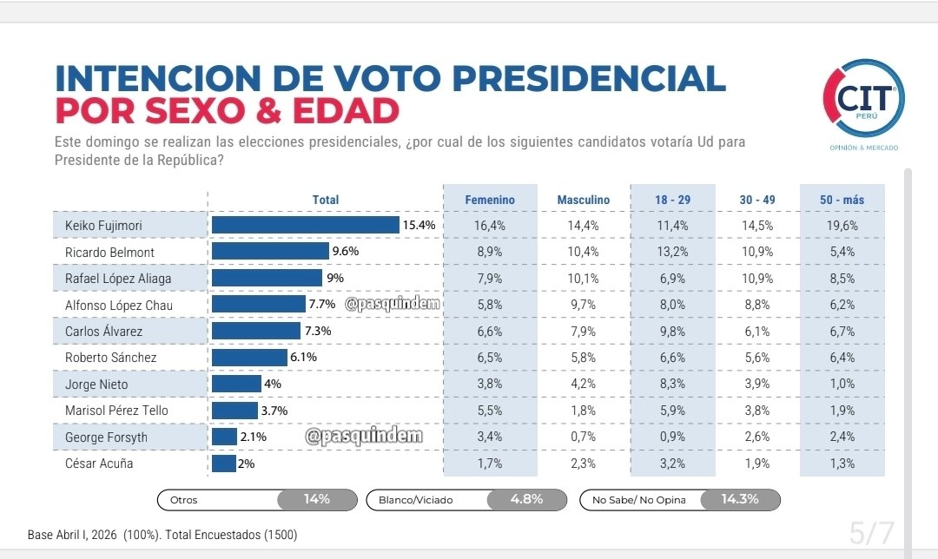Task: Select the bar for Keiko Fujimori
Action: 305,226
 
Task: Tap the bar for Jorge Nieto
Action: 236,384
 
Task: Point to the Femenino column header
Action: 490,200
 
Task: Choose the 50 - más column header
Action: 842,200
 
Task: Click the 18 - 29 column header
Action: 673,200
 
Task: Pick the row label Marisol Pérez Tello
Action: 116,411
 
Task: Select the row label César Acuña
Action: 99,464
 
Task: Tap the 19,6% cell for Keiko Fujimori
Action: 842,226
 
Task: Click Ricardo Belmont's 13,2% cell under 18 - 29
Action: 673,252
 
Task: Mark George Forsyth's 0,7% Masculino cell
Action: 583,437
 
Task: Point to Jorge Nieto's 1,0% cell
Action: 842,384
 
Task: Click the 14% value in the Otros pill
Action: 316,499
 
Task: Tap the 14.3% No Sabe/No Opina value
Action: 739,499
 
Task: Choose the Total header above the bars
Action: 326,200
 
